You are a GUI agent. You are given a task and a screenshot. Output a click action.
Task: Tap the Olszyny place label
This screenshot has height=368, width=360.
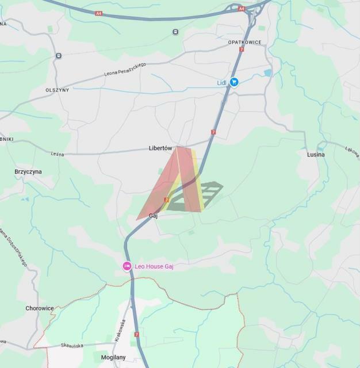tap(57, 90)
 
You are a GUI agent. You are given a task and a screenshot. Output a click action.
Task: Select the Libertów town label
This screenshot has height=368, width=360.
tap(160, 148)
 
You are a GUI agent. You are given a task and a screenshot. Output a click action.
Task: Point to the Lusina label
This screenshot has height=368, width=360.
tap(316, 154)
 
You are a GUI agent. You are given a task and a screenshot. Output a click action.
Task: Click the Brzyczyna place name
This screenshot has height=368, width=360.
tap(28, 171)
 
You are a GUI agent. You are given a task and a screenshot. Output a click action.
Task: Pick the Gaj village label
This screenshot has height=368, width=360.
tap(153, 216)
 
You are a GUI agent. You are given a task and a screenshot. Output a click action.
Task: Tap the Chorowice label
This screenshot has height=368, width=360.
tap(40, 308)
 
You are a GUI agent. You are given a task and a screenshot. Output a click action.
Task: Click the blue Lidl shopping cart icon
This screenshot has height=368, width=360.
tap(234, 82)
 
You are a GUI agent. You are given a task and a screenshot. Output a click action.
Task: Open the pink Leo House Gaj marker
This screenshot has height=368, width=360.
tap(127, 266)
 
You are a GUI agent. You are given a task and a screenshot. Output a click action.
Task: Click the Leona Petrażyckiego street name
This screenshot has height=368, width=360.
tap(125, 70)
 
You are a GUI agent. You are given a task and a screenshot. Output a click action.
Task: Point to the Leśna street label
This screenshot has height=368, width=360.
tap(56, 154)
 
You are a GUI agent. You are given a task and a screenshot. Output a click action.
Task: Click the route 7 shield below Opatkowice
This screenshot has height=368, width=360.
tap(242, 50)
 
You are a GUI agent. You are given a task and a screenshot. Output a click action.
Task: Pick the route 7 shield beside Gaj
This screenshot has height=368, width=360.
tap(166, 200)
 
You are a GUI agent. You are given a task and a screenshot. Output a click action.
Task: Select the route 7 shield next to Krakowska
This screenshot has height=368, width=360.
tap(136, 334)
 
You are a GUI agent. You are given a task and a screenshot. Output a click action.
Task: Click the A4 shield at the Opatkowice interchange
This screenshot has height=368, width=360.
tap(242, 9)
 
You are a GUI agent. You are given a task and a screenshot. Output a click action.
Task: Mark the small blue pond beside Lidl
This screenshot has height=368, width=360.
tap(267, 73)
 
